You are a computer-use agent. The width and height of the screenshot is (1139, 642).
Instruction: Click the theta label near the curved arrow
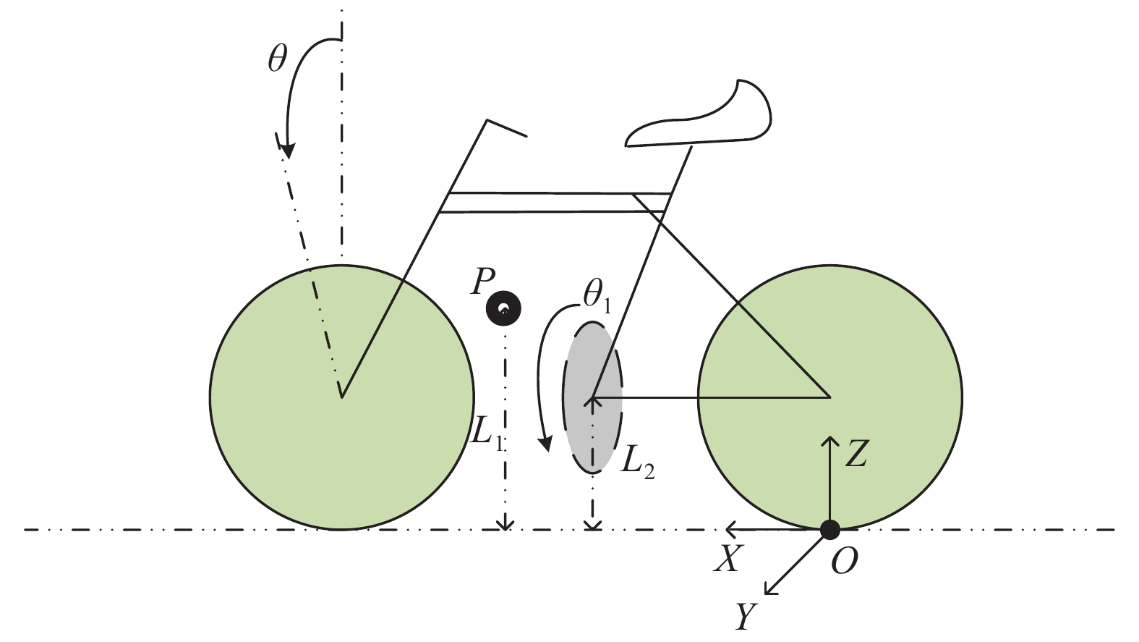(x=277, y=58)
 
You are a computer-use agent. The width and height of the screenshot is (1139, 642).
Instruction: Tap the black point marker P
(x=504, y=309)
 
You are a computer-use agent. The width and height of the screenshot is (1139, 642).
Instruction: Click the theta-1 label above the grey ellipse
(x=597, y=297)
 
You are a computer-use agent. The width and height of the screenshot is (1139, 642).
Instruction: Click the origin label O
(x=844, y=561)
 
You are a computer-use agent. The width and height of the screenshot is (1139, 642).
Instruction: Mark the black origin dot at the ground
(x=829, y=530)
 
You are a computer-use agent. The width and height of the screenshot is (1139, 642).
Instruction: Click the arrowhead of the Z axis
(x=829, y=440)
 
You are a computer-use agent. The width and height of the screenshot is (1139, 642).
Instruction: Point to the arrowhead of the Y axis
(x=771, y=589)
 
